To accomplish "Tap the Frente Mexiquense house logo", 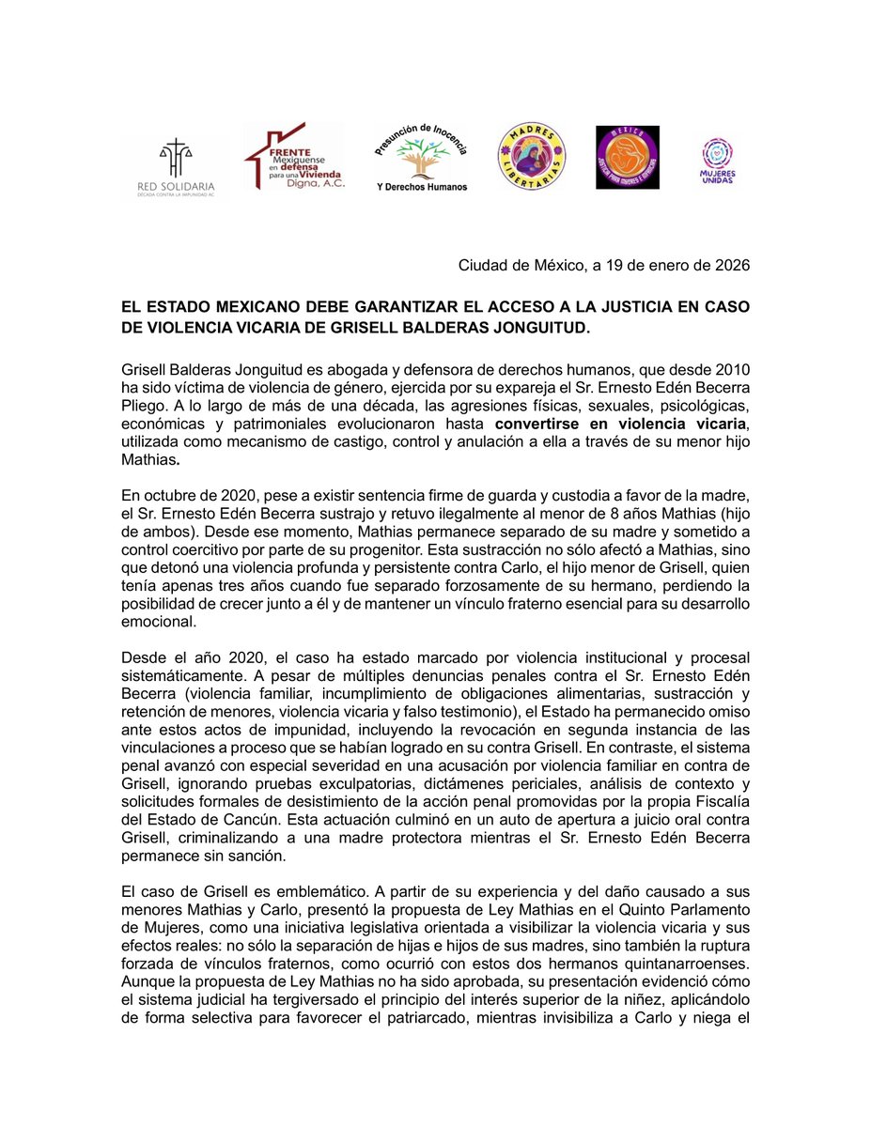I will [293, 158].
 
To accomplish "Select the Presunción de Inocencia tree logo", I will [419, 157].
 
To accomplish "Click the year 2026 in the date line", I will [730, 266].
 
